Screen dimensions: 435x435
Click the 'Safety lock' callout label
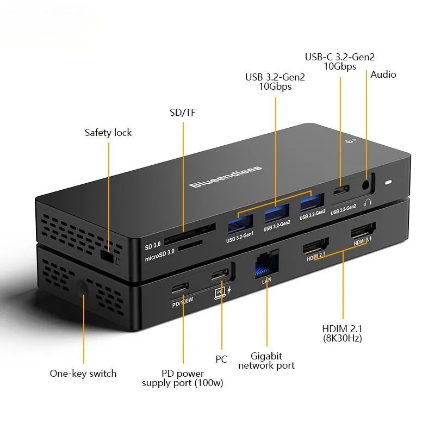[x=108, y=133]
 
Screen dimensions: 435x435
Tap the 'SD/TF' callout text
[x=183, y=113]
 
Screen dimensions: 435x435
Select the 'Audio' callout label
[x=383, y=74]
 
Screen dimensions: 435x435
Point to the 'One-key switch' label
[x=83, y=374]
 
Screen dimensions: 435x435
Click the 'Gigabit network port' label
[x=266, y=361]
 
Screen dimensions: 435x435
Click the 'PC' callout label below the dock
[x=221, y=359]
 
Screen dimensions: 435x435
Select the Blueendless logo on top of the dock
[x=226, y=177]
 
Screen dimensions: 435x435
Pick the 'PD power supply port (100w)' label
[x=183, y=378]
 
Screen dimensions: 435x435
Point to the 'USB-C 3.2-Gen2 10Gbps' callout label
[x=340, y=61]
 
